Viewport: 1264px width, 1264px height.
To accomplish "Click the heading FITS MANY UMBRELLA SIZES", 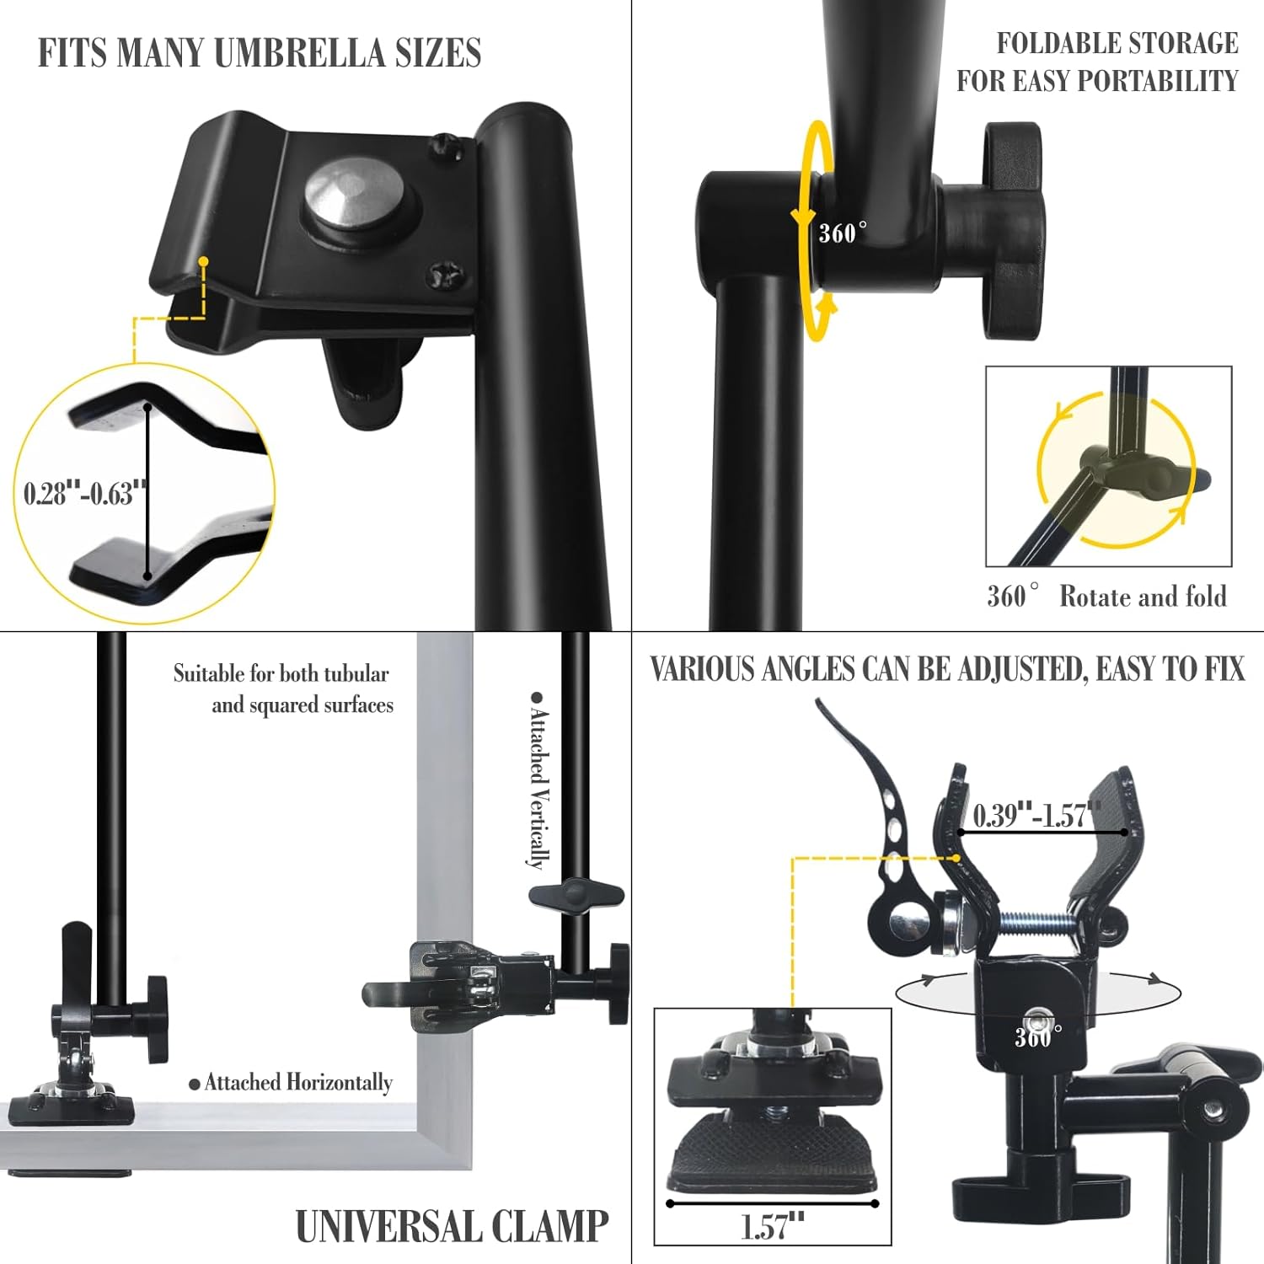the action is pos(260,53).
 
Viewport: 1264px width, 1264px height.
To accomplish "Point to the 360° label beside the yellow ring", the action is pos(843,232).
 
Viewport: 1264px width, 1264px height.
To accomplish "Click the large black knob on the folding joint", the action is pos(1014,230).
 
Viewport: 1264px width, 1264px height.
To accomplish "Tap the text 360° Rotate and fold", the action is pos(1106,597).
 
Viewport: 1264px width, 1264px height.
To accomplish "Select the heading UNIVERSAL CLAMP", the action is pos(452,1226).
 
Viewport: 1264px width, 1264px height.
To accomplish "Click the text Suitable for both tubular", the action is pos(281,673).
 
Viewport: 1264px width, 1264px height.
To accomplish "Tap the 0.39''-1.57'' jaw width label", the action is pos(1036,815).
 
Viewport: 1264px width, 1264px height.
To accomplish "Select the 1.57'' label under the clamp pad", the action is pos(773,1227).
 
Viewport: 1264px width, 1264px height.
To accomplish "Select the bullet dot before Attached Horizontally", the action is pos(195,1084).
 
